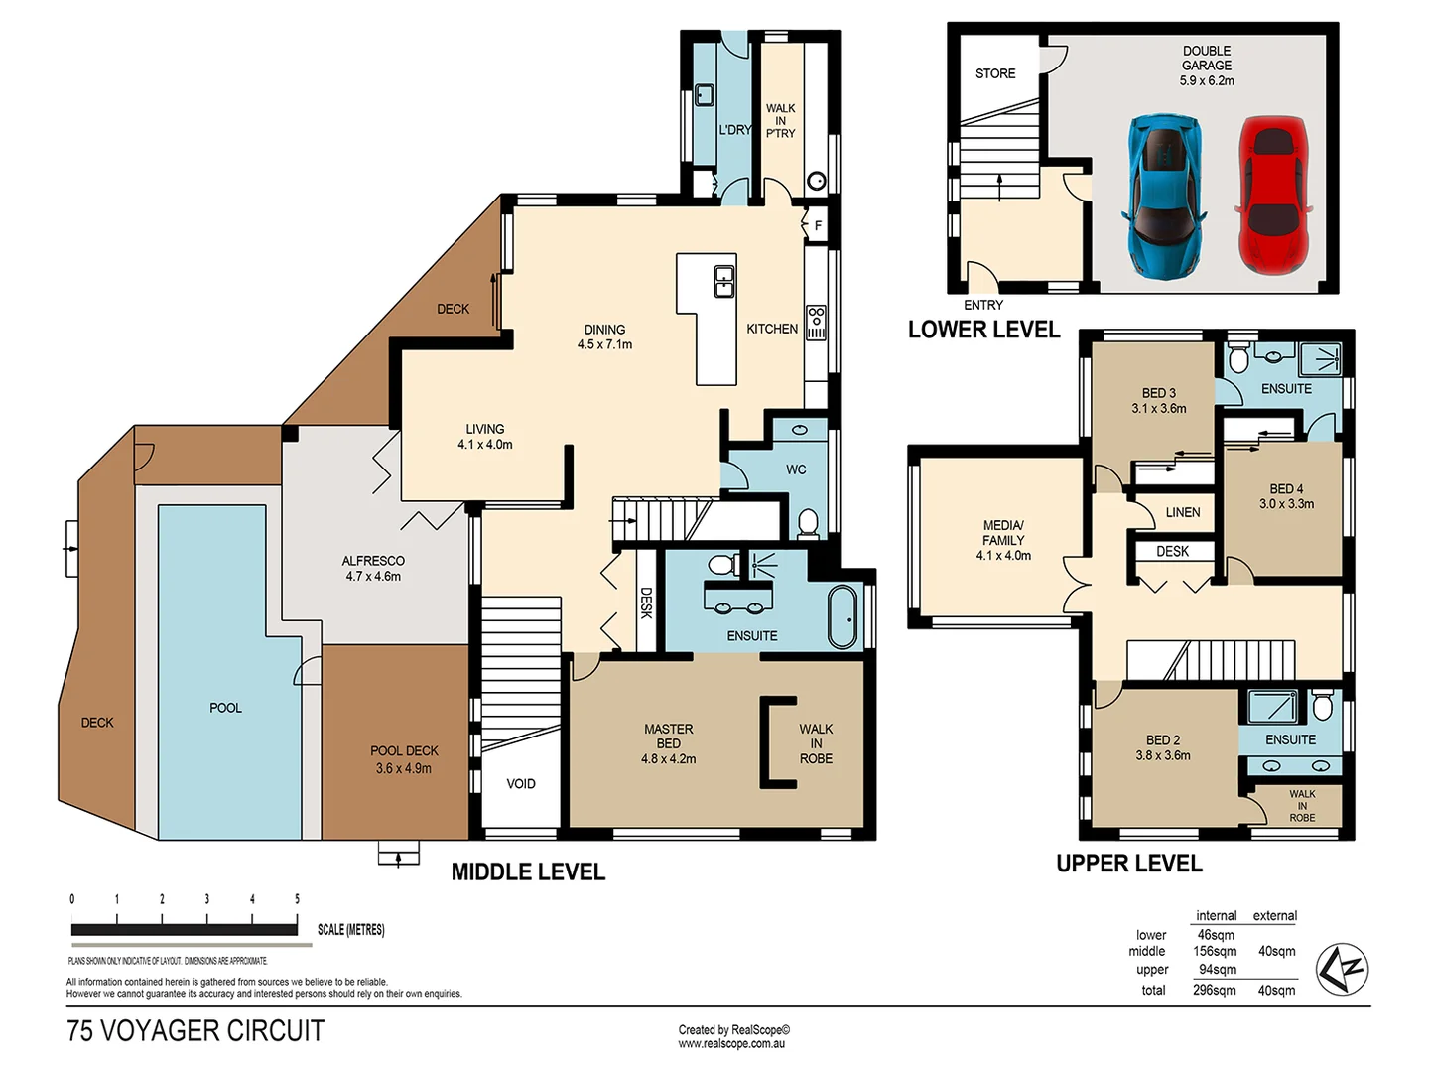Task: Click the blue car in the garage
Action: pyautogui.click(x=1164, y=197)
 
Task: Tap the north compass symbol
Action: pyautogui.click(x=1342, y=969)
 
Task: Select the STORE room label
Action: pyautogui.click(x=995, y=73)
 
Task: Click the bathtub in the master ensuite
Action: pyautogui.click(x=843, y=616)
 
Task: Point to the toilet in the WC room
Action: pyautogui.click(x=808, y=522)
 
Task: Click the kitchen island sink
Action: pyautogui.click(x=724, y=282)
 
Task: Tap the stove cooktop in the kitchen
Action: pyautogui.click(x=816, y=323)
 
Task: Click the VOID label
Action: pyautogui.click(x=521, y=784)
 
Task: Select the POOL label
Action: pyautogui.click(x=225, y=708)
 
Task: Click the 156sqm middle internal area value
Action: pyautogui.click(x=1215, y=951)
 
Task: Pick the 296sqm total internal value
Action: pyautogui.click(x=1215, y=990)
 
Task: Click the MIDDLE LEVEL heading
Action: pyautogui.click(x=528, y=872)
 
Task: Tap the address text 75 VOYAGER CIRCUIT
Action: pyautogui.click(x=195, y=1031)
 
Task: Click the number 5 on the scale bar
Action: pyautogui.click(x=297, y=899)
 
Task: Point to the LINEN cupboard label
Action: pyautogui.click(x=1182, y=512)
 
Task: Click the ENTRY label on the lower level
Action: pyautogui.click(x=983, y=305)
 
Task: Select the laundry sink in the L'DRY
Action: pyautogui.click(x=704, y=95)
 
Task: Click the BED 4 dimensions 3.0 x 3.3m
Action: pyautogui.click(x=1286, y=504)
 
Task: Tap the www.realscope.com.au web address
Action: pyautogui.click(x=731, y=1044)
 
